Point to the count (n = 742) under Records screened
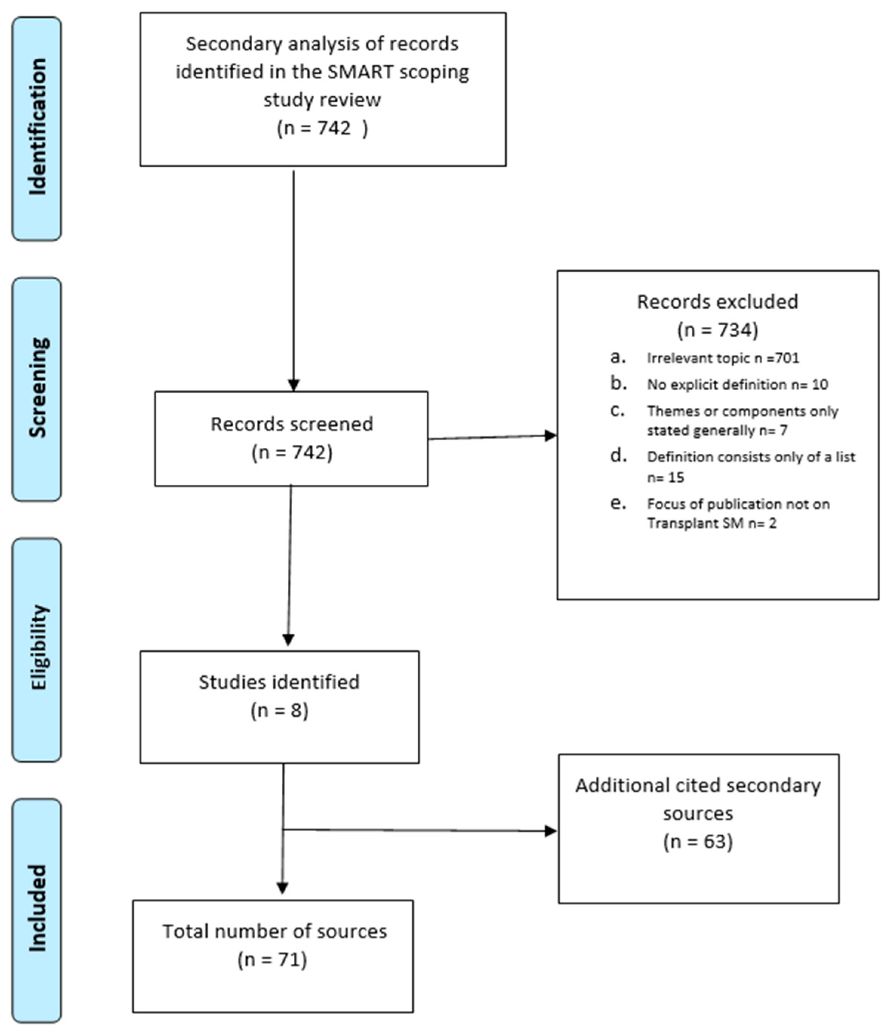click(x=292, y=453)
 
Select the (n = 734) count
click(x=717, y=330)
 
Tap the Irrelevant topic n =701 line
click(x=723, y=358)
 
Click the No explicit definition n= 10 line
click(x=737, y=384)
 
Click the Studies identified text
click(x=279, y=682)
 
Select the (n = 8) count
click(x=279, y=710)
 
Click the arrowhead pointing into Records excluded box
click(x=550, y=436)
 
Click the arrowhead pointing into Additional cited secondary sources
click(x=551, y=830)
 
